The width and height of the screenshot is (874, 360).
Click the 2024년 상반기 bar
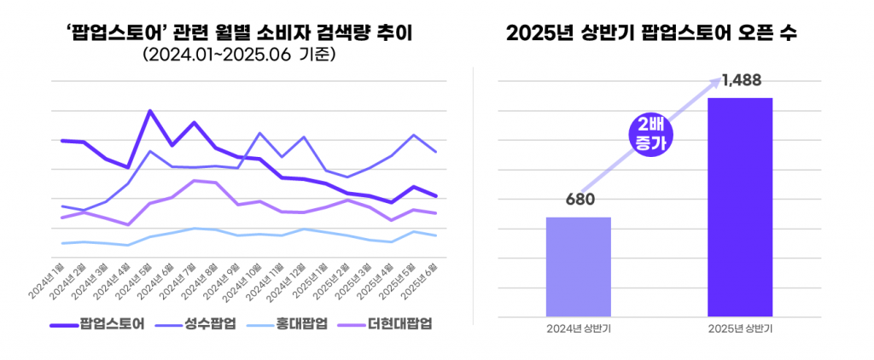pos(578,265)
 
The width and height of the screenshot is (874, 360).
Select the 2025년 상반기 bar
pos(740,206)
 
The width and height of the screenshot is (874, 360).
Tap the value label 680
pos(579,200)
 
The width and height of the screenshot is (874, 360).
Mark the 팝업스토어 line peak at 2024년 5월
pos(150,111)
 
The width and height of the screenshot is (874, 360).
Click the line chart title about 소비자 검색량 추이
pos(238,33)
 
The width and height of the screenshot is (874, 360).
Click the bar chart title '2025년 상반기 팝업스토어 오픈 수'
pos(657,33)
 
